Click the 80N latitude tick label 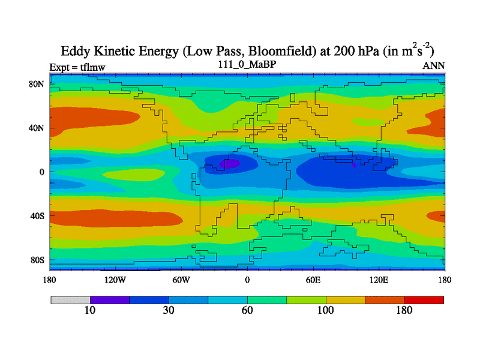click(x=37, y=84)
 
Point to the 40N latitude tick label click(x=37, y=128)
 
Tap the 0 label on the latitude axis click(x=42, y=172)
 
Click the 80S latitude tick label click(x=37, y=260)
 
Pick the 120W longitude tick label click(x=115, y=280)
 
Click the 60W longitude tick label click(x=181, y=280)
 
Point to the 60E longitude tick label click(x=313, y=280)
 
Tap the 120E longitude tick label click(x=379, y=280)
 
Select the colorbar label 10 click(x=90, y=310)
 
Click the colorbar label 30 click(x=169, y=310)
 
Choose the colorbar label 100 click(x=326, y=310)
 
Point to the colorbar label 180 click(x=404, y=310)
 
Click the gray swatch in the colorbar click(x=70, y=299)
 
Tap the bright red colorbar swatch click(x=424, y=299)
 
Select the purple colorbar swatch click(x=110, y=299)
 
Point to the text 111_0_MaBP click(x=247, y=65)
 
